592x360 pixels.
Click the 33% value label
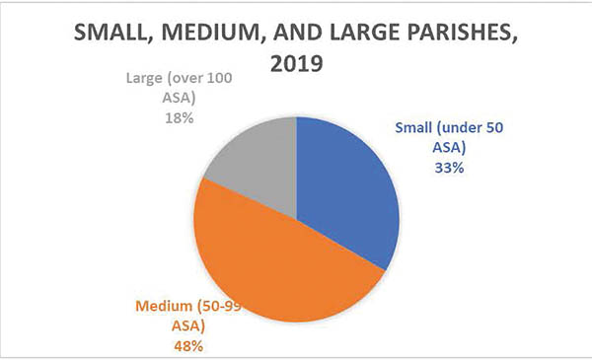(x=449, y=168)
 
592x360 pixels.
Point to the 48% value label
(x=188, y=346)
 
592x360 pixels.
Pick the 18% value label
(x=180, y=118)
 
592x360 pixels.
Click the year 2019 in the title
(x=296, y=63)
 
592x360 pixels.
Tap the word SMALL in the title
(x=114, y=33)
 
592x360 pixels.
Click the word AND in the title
(x=298, y=33)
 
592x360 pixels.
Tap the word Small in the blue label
(x=413, y=127)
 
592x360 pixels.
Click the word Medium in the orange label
(x=164, y=306)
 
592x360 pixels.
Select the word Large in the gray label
(x=144, y=79)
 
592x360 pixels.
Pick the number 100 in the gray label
(x=220, y=78)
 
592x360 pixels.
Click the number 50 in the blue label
(x=494, y=127)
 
